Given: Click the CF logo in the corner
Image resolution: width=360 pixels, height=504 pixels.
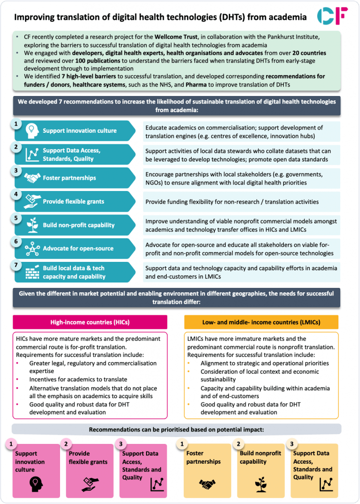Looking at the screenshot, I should point(332,16).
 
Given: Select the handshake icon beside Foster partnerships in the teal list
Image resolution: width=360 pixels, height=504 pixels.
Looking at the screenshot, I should point(32,178).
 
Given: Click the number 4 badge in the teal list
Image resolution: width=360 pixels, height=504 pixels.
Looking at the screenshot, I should point(16,194).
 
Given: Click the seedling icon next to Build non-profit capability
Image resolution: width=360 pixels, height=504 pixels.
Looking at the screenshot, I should point(32,225).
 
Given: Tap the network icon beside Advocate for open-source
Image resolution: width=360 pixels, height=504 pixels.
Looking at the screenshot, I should point(32,249).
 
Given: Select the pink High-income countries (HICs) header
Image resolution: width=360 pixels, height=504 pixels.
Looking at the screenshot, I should point(90,322).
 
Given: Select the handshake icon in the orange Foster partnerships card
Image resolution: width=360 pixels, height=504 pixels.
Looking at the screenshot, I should point(208,484).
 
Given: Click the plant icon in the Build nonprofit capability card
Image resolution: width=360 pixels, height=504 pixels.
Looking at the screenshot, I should point(261,484).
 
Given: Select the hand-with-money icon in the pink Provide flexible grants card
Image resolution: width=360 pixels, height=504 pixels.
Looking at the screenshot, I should point(89,483).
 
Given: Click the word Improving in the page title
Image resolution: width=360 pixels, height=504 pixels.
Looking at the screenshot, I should point(33,17).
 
